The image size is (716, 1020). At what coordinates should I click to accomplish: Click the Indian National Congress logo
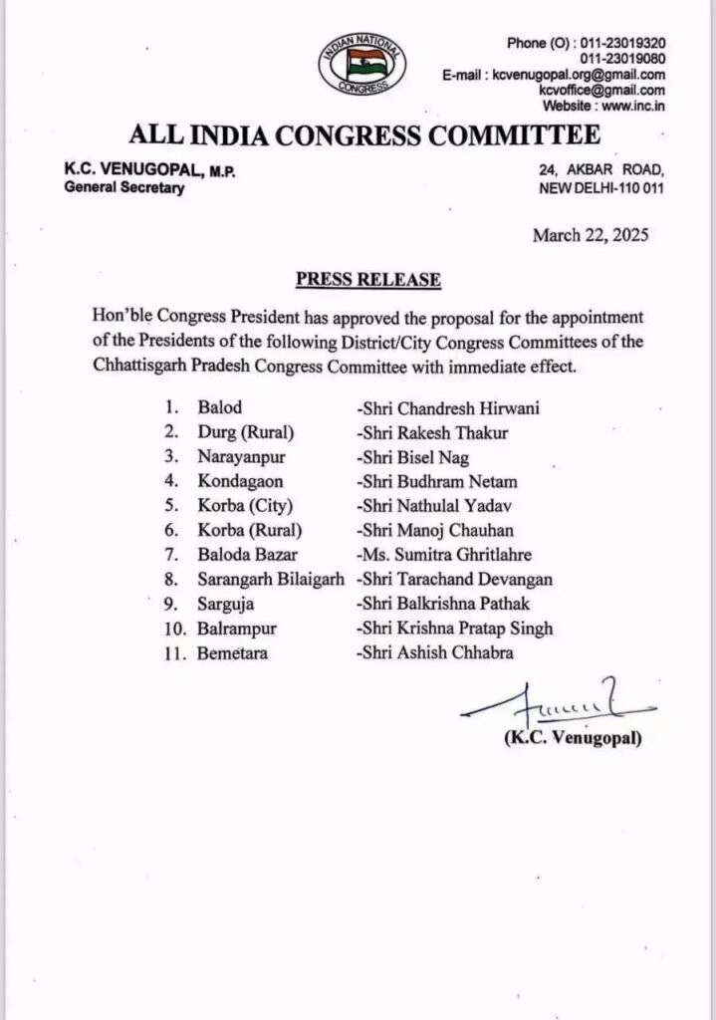click(x=361, y=64)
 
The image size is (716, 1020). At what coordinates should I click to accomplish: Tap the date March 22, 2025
click(x=591, y=235)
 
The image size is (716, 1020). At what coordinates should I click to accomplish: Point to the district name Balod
click(x=219, y=407)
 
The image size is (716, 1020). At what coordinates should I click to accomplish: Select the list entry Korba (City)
click(x=238, y=506)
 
